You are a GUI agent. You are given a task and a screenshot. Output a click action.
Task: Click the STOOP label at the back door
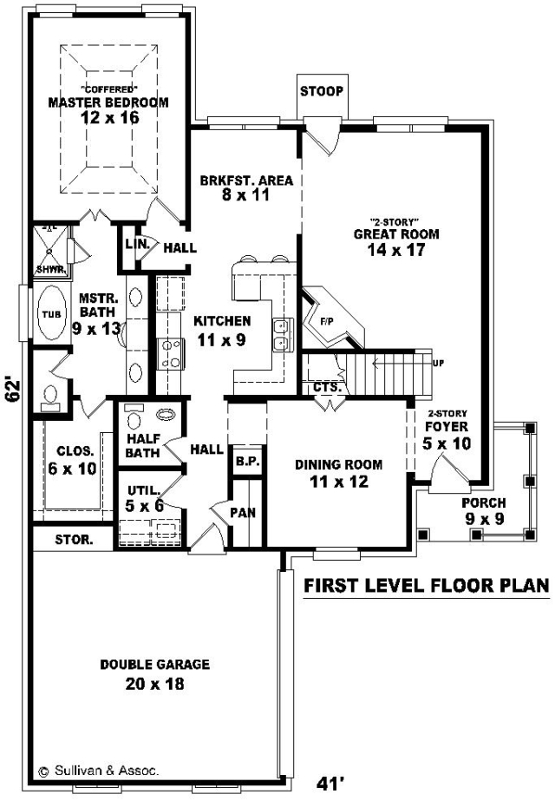click(x=321, y=91)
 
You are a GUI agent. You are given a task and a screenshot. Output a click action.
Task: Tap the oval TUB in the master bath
click(x=51, y=312)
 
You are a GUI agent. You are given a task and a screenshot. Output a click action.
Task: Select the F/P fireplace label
click(x=326, y=322)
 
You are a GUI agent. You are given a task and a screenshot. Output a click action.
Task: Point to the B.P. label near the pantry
click(x=248, y=462)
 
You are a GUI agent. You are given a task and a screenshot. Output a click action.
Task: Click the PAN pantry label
click(x=243, y=512)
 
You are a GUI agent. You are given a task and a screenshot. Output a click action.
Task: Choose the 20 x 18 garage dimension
click(x=154, y=684)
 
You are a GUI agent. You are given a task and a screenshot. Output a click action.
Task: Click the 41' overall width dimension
click(x=330, y=783)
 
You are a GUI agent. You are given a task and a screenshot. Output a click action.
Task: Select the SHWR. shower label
click(x=50, y=269)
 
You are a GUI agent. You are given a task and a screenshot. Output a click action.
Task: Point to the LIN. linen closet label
click(x=138, y=244)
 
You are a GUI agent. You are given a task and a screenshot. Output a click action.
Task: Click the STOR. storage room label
click(x=74, y=540)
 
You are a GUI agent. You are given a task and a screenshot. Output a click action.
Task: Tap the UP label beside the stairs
click(x=438, y=364)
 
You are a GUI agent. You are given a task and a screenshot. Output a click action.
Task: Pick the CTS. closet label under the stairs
click(x=327, y=387)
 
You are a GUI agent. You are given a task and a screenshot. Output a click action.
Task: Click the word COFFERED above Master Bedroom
click(x=108, y=89)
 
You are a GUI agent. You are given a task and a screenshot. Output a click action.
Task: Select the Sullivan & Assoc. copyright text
click(x=99, y=771)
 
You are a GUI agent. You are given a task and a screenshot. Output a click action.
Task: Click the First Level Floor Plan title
click(x=427, y=586)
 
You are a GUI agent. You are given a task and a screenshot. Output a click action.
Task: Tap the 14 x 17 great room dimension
click(x=396, y=250)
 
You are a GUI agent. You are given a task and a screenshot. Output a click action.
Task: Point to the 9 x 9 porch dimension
click(x=485, y=519)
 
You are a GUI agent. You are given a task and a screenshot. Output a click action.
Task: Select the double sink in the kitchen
click(x=283, y=335)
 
